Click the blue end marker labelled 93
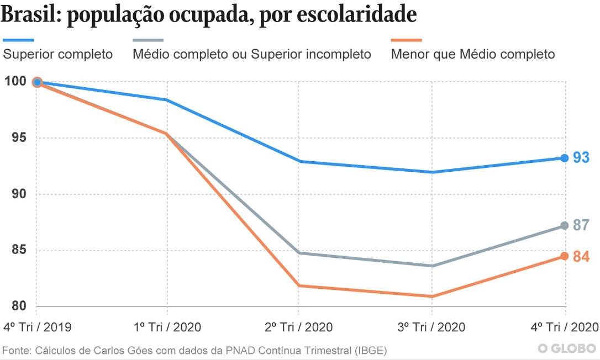point(564,158)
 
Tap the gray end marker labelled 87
point(564,225)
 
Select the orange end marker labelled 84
point(564,256)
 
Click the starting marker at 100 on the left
point(37,82)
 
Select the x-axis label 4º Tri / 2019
point(37,327)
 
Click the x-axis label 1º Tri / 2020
point(167,327)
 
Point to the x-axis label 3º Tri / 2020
point(431,327)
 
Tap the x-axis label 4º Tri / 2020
point(564,327)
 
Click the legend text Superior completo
point(58,54)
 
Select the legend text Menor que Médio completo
point(473,54)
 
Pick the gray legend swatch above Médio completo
point(148,40)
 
